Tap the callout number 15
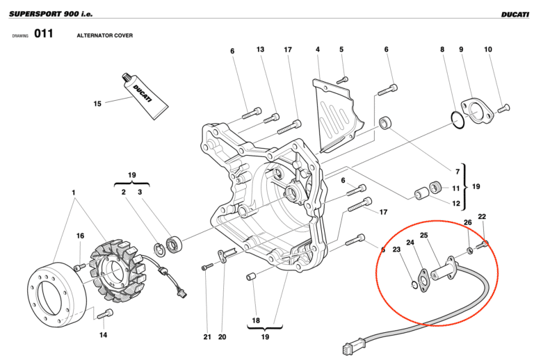click(97, 104)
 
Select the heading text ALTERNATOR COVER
click(104, 35)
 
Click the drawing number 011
click(43, 34)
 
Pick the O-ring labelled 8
click(456, 120)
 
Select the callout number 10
click(488, 49)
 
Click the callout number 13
click(260, 49)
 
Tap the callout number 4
click(317, 49)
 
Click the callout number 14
click(103, 336)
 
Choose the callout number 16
click(81, 236)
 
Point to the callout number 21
click(207, 337)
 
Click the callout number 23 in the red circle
click(396, 249)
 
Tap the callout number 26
click(468, 223)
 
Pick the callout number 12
click(456, 204)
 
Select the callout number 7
click(457, 171)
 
